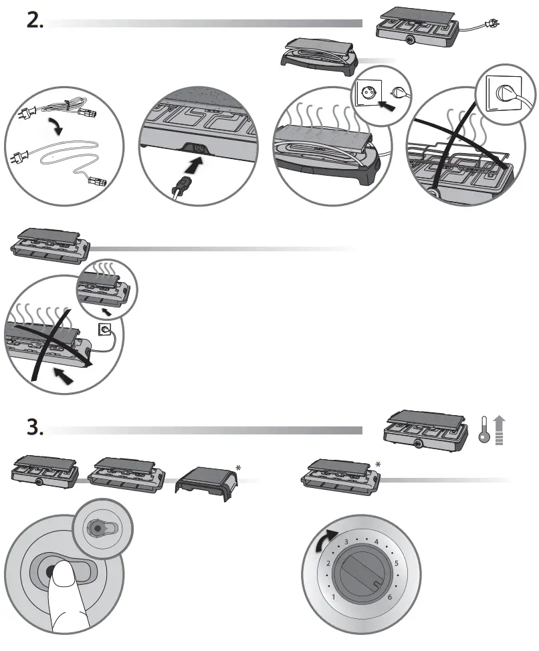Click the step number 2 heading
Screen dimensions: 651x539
click(x=35, y=21)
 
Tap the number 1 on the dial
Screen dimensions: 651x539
click(x=333, y=596)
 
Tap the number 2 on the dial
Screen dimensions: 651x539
click(x=328, y=563)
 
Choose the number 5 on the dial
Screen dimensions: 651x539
click(x=396, y=563)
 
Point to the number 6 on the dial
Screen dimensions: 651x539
click(x=389, y=596)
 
